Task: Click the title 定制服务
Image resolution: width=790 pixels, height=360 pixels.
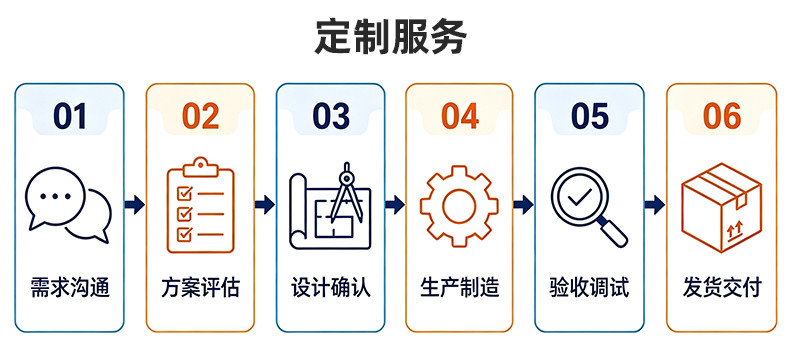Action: coord(390,37)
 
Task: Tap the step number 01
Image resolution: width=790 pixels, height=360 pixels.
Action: coord(70,116)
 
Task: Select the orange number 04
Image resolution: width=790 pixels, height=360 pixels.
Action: coord(459,116)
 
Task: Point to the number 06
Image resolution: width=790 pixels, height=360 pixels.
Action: coord(721,116)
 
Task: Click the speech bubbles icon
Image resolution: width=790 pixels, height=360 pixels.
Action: coord(69,205)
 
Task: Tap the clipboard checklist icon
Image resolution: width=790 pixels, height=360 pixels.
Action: coord(201,205)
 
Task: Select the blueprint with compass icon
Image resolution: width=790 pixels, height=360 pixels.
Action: coord(330,206)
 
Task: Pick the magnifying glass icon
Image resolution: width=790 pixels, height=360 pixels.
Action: coord(588,206)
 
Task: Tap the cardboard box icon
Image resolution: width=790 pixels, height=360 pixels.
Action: coord(721,207)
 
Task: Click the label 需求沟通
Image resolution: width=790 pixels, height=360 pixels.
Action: coord(70,287)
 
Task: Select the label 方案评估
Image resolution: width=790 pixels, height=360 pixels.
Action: coord(201,287)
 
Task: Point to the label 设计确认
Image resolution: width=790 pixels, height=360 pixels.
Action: coord(331,287)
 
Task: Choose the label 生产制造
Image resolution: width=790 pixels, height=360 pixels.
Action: coord(459,287)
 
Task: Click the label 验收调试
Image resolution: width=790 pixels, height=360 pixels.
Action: coord(589,287)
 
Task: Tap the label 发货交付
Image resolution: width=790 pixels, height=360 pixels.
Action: coord(721,287)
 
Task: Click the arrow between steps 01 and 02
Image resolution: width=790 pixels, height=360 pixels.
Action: coord(135,204)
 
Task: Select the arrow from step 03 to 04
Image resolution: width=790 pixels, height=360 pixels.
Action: coord(395,204)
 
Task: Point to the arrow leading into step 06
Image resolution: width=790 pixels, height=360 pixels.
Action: coord(654,204)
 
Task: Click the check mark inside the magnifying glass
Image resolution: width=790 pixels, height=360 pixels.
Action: coord(580,196)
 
